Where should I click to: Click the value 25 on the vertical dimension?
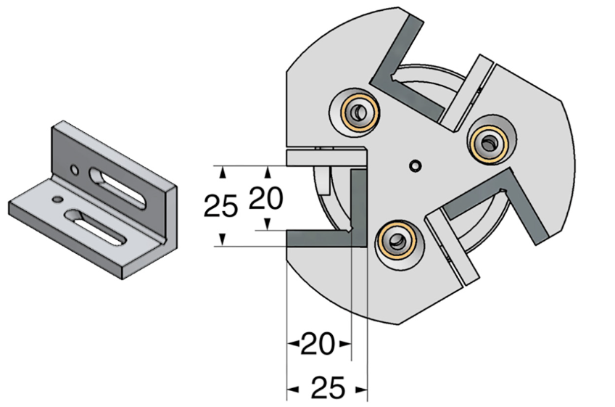[x=220, y=206]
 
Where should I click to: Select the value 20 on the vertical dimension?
[x=266, y=198]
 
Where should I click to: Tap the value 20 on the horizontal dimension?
[x=318, y=344]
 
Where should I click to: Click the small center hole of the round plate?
[x=415, y=165]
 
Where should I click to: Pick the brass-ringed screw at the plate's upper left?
[x=359, y=113]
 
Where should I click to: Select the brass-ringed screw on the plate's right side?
[x=489, y=143]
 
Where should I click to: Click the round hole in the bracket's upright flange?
[x=74, y=170]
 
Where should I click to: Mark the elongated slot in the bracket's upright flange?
[x=117, y=188]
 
